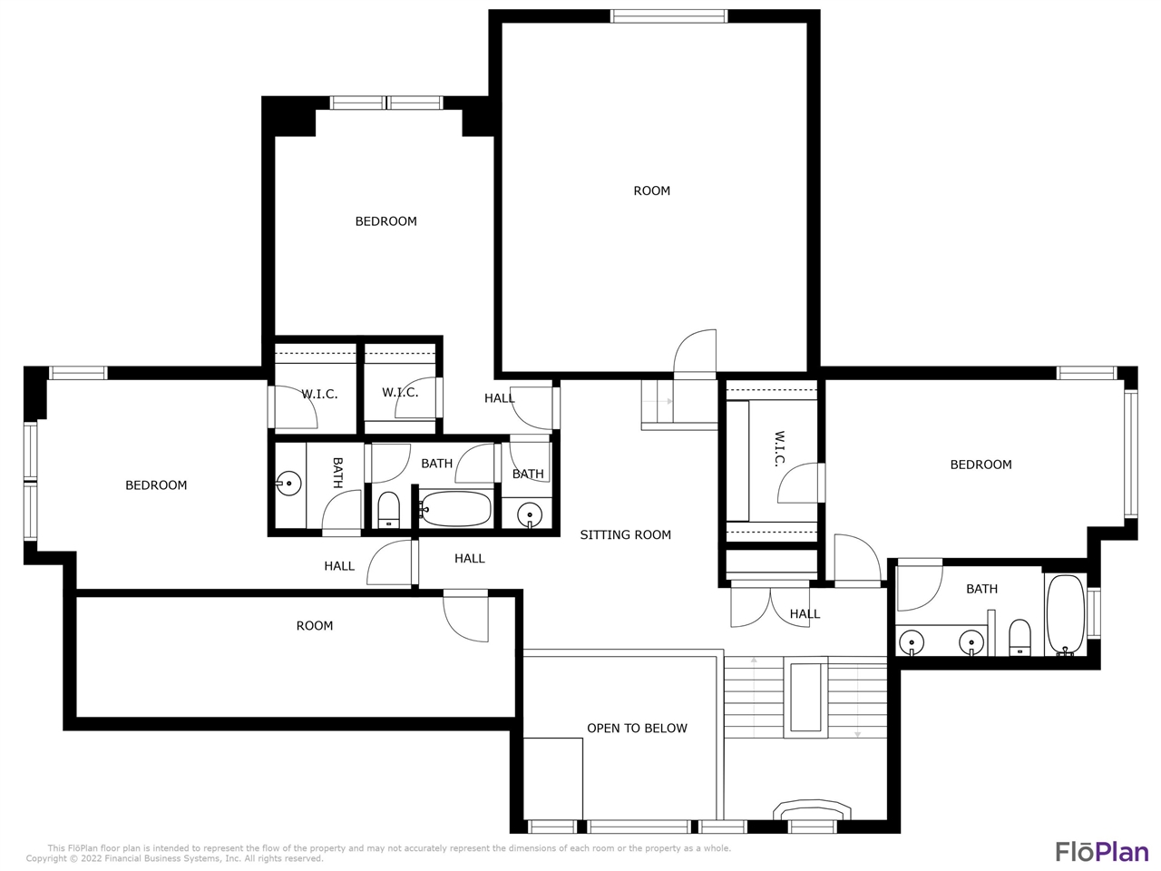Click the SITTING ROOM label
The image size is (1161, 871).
(625, 534)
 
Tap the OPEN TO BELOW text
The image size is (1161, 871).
(637, 729)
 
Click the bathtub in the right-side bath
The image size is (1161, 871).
(1066, 615)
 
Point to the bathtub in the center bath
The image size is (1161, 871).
(456, 509)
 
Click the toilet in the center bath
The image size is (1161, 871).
(389, 510)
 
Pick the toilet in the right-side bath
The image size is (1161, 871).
(1020, 637)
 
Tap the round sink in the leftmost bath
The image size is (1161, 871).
(288, 484)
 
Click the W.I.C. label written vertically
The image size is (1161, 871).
(779, 449)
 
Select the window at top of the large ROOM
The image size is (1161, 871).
(668, 16)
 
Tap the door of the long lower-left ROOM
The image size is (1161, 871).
(465, 616)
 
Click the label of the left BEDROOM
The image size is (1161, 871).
(156, 484)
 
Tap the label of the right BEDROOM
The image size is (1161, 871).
(981, 465)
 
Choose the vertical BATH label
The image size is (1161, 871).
(337, 473)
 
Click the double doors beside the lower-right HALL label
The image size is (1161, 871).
(770, 607)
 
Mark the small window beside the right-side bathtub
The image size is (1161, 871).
(1093, 613)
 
